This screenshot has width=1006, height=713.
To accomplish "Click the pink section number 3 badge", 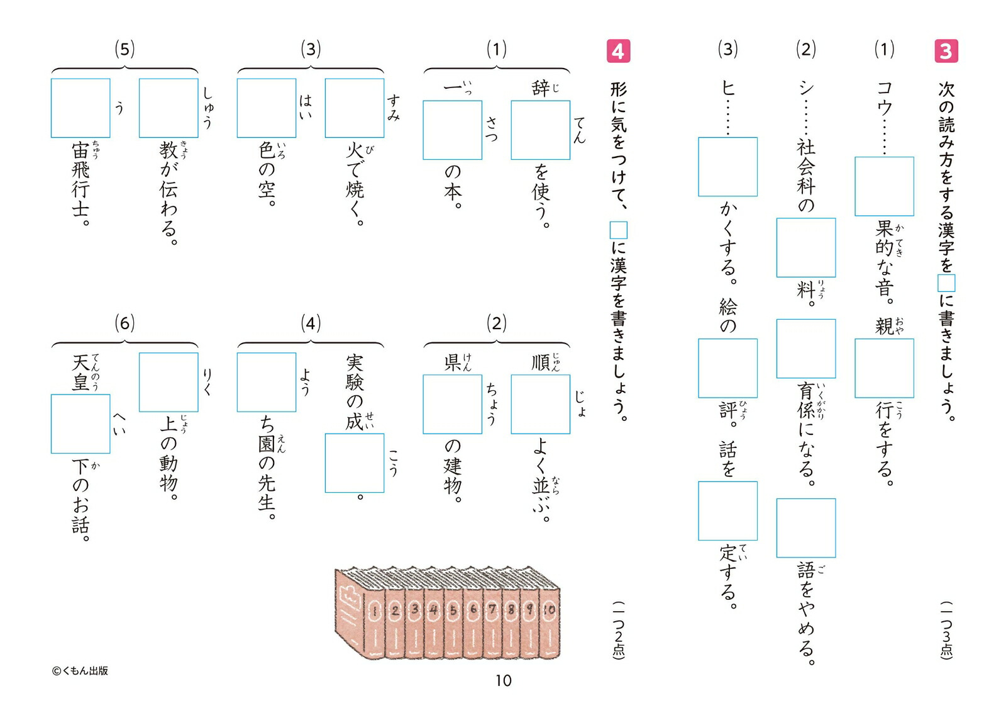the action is [946, 51].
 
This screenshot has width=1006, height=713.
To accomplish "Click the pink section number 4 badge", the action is [618, 51].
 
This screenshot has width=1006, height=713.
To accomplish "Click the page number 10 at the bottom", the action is [503, 681].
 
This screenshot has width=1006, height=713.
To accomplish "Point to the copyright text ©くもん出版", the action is [80, 671].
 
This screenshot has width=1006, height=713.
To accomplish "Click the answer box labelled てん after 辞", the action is [540, 130].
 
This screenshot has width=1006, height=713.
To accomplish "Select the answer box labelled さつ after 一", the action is [452, 130].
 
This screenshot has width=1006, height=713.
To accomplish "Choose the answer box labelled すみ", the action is [355, 108].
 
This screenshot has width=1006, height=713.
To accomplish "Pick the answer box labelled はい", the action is [267, 108].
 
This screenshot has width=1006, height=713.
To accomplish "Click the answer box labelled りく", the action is [169, 382].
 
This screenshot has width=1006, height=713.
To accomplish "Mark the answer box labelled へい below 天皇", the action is [80, 424].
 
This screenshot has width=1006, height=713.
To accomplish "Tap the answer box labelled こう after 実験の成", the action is [355, 463].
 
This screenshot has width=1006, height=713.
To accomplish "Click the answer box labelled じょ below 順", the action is [540, 404].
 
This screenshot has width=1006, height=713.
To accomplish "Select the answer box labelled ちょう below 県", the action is [452, 404].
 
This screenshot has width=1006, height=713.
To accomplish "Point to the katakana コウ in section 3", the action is [884, 98].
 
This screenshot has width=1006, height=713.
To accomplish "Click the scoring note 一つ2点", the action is [619, 631].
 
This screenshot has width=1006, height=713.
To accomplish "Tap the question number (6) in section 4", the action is [124, 323].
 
